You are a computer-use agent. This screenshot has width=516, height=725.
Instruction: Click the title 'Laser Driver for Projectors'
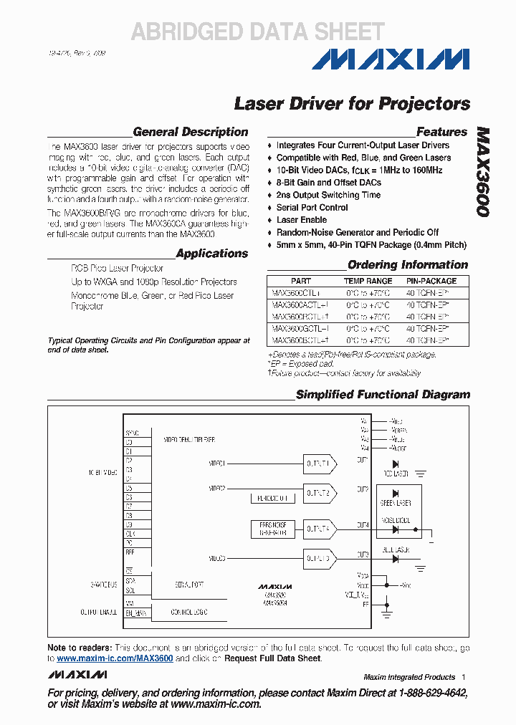[x=352, y=104]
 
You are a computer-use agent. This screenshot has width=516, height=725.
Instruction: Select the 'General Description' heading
[x=191, y=132]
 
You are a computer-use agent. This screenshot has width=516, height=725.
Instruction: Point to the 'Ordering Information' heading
[x=407, y=265]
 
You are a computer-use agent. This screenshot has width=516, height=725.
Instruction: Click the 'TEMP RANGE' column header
[x=368, y=282]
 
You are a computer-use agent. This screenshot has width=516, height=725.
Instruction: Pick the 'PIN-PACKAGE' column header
[x=431, y=282]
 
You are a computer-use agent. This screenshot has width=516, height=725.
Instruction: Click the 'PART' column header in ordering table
[x=301, y=282]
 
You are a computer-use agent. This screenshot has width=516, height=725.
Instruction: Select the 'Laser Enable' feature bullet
[x=301, y=220]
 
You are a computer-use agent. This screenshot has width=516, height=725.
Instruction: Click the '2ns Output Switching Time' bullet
[x=328, y=195]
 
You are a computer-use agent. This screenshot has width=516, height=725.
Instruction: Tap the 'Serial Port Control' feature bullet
[x=312, y=208]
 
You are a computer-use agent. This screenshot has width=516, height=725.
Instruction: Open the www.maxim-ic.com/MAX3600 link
[x=115, y=658]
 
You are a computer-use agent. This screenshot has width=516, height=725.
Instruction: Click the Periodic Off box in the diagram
[x=272, y=498]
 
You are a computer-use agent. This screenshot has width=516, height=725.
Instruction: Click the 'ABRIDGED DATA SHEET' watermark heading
[x=257, y=32]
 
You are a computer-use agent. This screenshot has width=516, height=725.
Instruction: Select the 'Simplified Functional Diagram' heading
[x=383, y=395]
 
